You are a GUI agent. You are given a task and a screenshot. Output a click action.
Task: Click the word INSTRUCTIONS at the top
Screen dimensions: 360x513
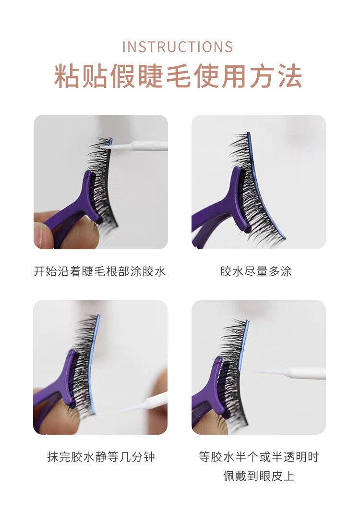point(178,47)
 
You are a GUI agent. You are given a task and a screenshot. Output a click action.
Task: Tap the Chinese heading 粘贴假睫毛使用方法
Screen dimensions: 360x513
point(178,76)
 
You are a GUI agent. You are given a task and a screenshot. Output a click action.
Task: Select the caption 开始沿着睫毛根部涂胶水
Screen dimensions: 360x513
point(100,271)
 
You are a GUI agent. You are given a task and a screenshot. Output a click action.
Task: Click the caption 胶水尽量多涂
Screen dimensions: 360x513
point(256,271)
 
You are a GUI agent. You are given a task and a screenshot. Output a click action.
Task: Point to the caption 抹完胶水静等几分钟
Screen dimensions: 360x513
point(101,457)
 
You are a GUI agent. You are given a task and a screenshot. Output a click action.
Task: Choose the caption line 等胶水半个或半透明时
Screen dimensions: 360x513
point(259,457)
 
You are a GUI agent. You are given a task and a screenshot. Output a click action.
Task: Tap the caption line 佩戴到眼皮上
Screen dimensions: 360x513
point(259,476)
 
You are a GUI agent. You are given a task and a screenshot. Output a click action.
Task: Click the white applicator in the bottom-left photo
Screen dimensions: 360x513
point(145,403)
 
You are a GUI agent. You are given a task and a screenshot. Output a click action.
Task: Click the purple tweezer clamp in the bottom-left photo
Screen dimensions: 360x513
point(62,386)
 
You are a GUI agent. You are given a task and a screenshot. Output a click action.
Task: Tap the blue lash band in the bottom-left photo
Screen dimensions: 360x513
point(93,363)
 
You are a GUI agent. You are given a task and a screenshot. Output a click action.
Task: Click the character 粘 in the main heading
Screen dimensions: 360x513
point(67,76)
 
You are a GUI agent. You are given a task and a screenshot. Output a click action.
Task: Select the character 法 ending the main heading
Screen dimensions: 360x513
point(289,76)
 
